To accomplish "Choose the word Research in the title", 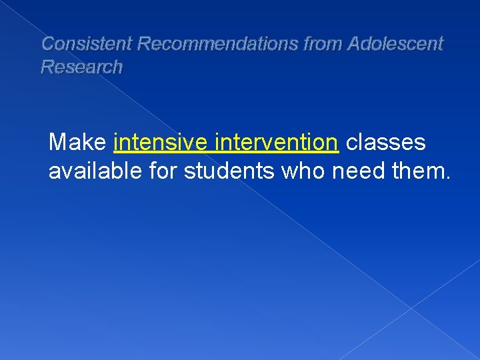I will (x=82, y=67).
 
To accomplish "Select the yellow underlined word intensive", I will (x=159, y=142).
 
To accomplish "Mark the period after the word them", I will (x=447, y=179).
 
